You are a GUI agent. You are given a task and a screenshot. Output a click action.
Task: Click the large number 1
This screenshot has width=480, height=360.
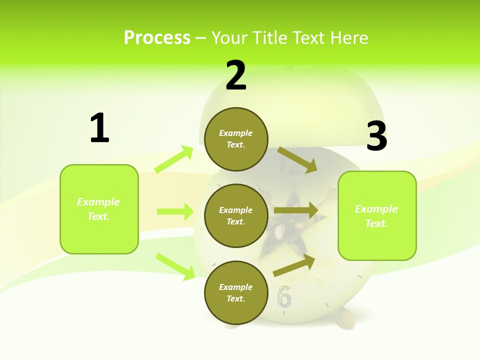click(99, 128)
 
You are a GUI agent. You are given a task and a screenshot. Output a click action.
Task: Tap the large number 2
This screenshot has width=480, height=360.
click(236, 75)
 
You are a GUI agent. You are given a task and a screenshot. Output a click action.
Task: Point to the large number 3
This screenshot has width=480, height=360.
click(376, 136)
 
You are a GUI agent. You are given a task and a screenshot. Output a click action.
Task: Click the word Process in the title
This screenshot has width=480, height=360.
click(157, 37)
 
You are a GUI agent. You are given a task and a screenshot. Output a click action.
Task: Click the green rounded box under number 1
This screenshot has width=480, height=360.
click(99, 209)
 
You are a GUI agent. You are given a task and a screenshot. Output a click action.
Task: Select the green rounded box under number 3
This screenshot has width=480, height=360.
click(377, 215)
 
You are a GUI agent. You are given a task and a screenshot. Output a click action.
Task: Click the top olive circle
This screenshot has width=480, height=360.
click(236, 139)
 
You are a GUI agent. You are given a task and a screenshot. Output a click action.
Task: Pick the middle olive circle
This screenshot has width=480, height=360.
click(236, 215)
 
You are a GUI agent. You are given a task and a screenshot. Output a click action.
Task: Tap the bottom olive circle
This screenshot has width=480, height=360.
click(236, 292)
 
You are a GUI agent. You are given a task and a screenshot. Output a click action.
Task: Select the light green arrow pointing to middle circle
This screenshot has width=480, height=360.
click(175, 211)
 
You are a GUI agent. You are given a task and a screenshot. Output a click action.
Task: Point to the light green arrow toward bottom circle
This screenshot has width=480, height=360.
click(175, 266)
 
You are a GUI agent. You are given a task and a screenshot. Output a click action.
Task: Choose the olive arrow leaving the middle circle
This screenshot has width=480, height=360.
click(296, 210)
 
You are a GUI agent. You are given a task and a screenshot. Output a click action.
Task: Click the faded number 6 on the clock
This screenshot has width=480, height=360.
click(284, 297)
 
